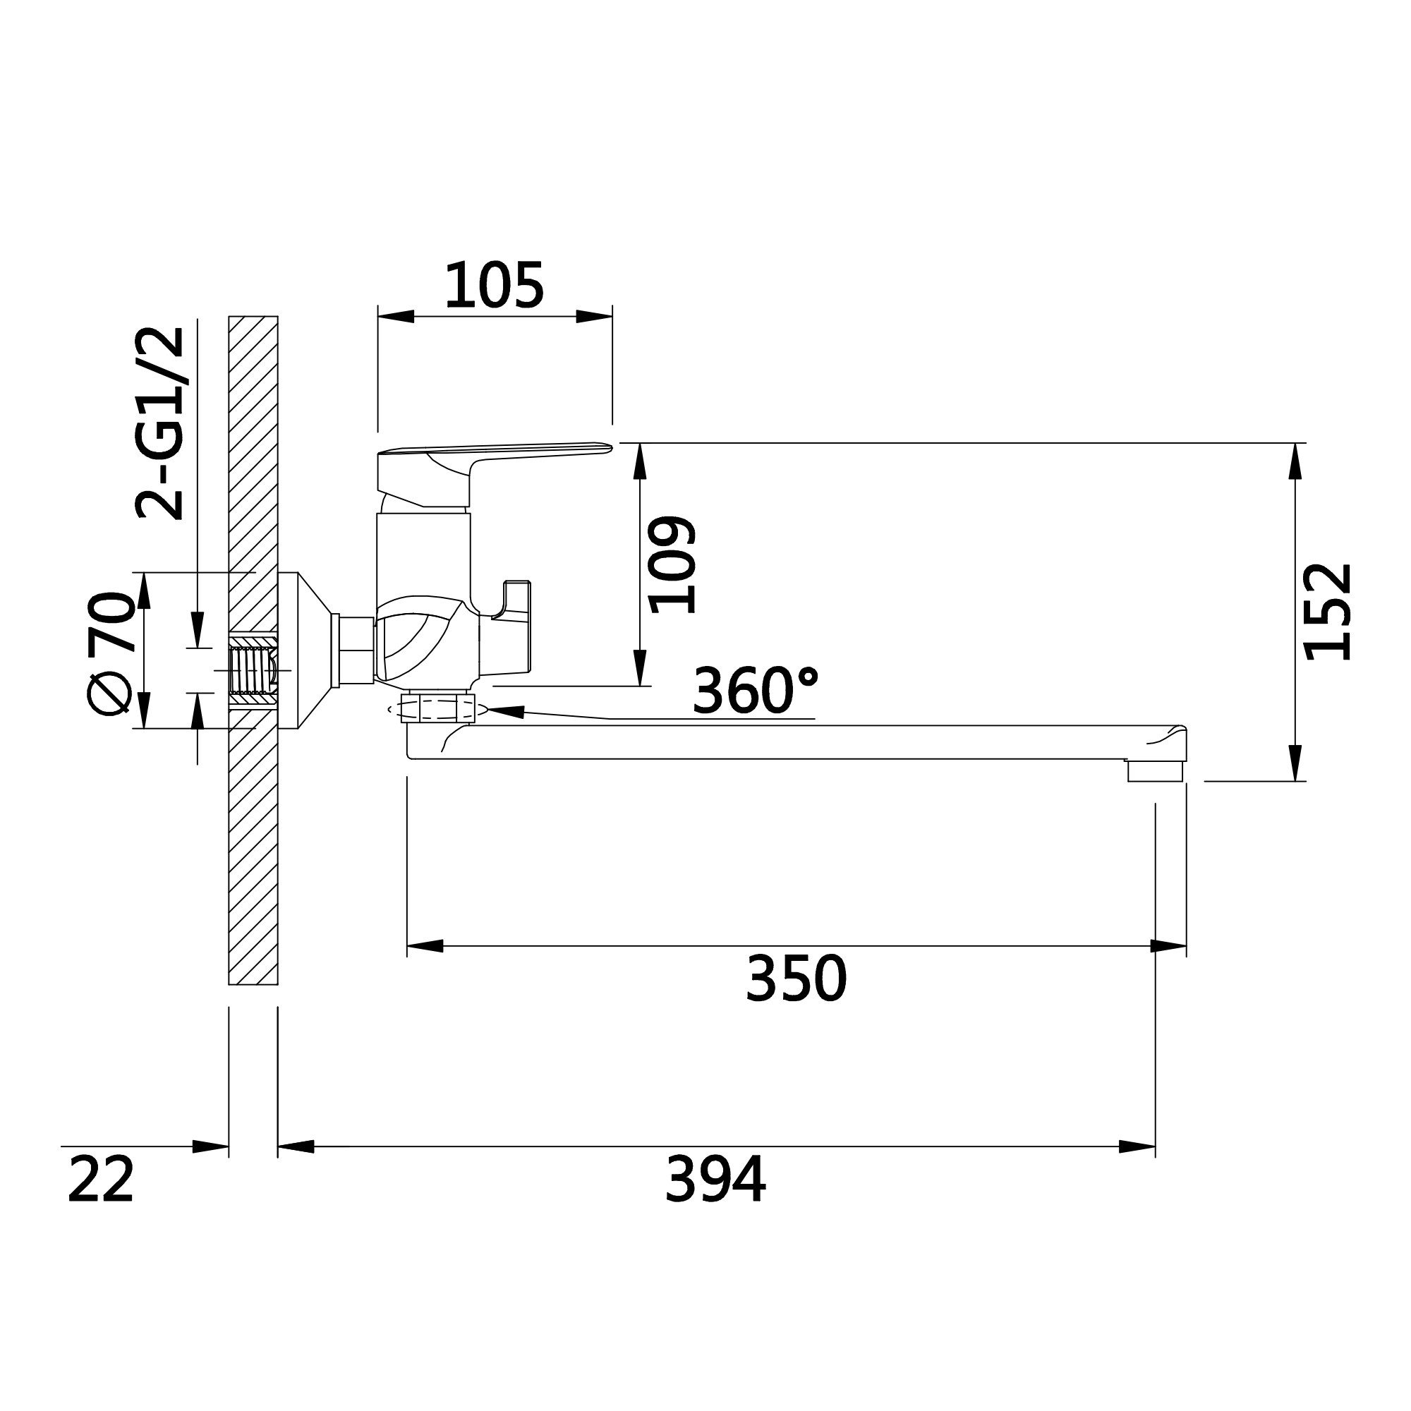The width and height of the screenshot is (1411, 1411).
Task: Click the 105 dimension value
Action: pyautogui.click(x=495, y=285)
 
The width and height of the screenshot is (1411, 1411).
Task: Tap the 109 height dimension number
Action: pyautogui.click(x=672, y=564)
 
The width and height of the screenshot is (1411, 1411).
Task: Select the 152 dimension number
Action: pyautogui.click(x=1328, y=611)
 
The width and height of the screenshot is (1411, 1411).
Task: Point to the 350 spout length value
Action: pyautogui.click(x=796, y=979)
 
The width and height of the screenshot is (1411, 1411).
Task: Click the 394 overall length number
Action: pyautogui.click(x=715, y=1179)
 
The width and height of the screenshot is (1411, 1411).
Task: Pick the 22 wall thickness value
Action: pyautogui.click(x=101, y=1179)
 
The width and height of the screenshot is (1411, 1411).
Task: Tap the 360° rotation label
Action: pyautogui.click(x=755, y=690)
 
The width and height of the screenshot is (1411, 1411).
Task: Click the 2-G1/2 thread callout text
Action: pyautogui.click(x=161, y=423)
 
